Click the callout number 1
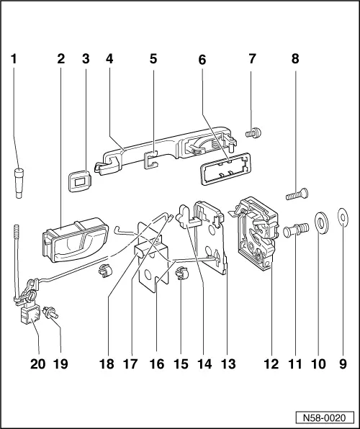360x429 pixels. pos(14,60)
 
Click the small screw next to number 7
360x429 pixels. pos(252,132)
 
